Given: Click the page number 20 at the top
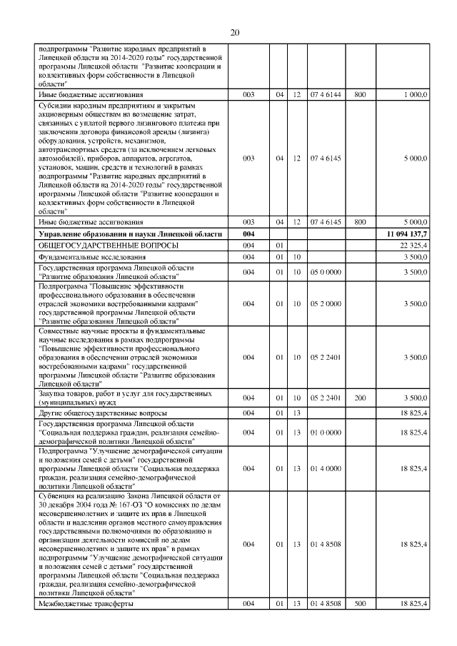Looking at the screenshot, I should (x=235, y=32).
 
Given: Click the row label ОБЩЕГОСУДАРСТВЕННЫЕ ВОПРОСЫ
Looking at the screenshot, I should (x=99, y=246).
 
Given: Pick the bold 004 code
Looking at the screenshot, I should (x=248, y=234).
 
